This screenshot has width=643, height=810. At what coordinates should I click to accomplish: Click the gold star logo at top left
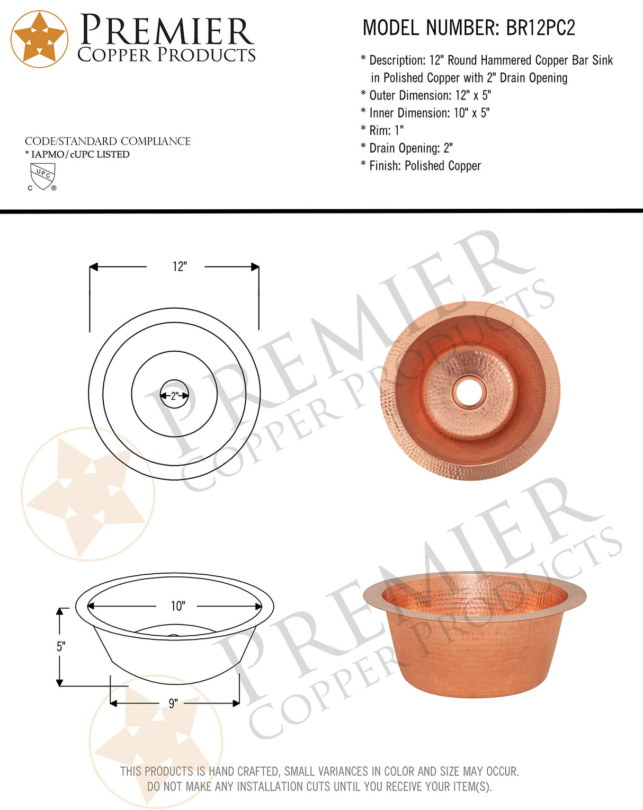tap(39, 39)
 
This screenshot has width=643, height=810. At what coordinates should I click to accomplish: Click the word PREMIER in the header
tap(166, 31)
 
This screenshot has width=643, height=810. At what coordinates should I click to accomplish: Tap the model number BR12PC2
tap(540, 28)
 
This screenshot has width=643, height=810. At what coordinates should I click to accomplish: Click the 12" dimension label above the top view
tap(180, 266)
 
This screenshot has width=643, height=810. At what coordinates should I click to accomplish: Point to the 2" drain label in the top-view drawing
tap(174, 396)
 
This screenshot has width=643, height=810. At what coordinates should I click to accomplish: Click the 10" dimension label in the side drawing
tap(177, 606)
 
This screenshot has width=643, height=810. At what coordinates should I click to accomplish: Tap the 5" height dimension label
tap(60, 647)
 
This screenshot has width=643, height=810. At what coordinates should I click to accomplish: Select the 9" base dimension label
tap(173, 704)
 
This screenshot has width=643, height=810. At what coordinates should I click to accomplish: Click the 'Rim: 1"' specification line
tap(386, 130)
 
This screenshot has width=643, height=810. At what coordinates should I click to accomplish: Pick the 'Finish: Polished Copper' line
tap(424, 166)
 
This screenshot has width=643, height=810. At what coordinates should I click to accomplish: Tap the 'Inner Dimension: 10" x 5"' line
tap(428, 113)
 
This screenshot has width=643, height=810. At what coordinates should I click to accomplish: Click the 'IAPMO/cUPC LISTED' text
tap(79, 154)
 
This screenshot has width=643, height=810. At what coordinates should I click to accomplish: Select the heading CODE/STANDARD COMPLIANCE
tap(108, 141)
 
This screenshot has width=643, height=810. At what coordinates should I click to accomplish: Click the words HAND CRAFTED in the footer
tap(244, 771)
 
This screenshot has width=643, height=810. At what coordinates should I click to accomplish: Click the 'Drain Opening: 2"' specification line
tap(410, 148)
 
